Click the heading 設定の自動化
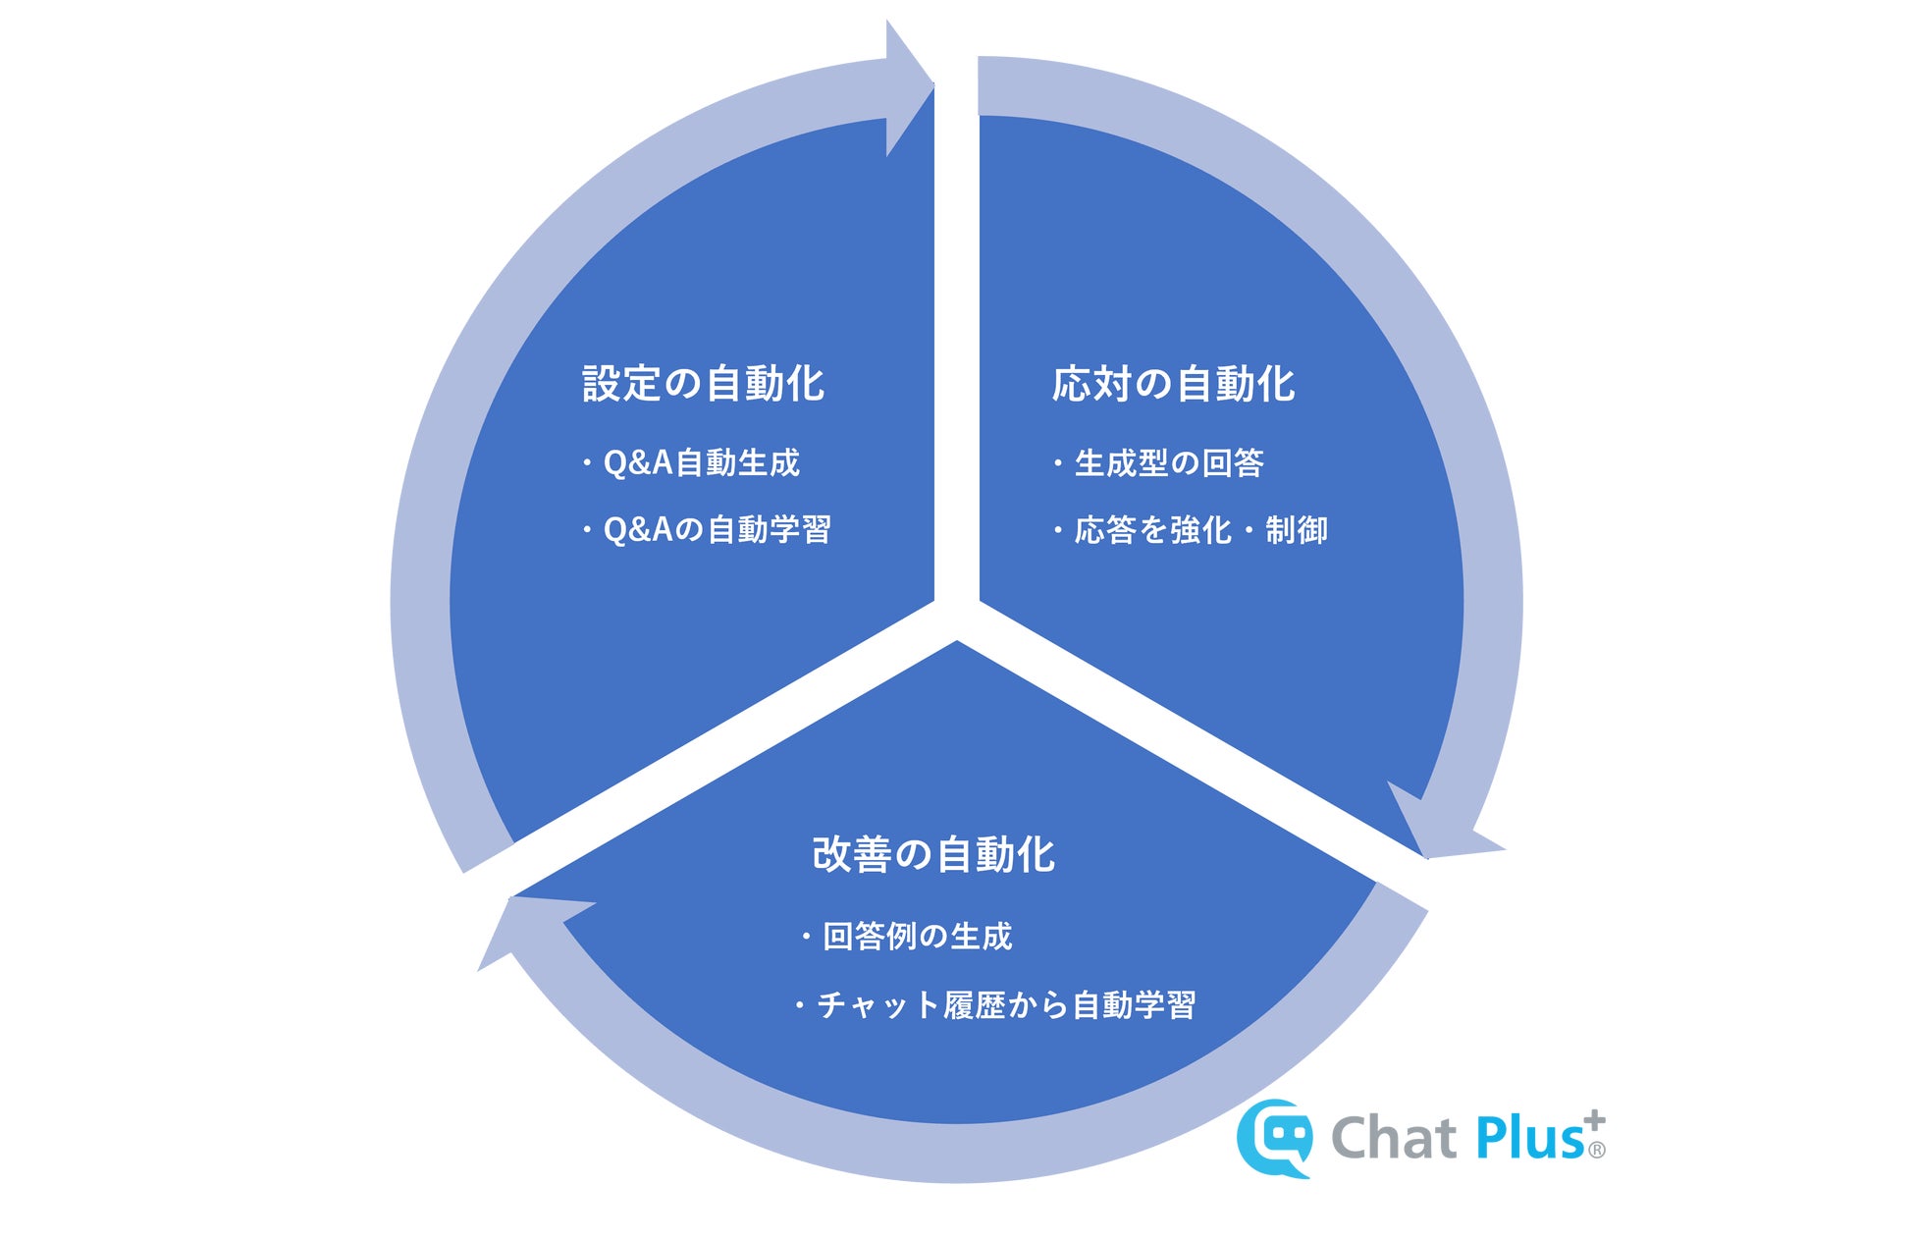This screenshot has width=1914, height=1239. click(x=703, y=383)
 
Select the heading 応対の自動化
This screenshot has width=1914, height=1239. click(x=1173, y=383)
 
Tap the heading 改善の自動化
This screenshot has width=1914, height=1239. click(x=933, y=854)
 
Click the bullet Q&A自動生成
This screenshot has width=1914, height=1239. click(x=701, y=462)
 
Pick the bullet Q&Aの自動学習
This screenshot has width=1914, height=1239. click(x=717, y=530)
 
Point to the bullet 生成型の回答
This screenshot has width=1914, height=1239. click(x=1168, y=462)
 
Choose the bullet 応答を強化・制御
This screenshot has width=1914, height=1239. click(x=1199, y=530)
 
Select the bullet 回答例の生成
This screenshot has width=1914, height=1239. click(x=917, y=937)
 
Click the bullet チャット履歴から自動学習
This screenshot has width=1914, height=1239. click(x=1005, y=1005)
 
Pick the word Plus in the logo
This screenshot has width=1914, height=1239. click(x=1527, y=1139)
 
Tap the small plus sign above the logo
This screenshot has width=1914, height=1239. click(x=1595, y=1120)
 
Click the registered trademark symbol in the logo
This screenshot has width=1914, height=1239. click(x=1597, y=1150)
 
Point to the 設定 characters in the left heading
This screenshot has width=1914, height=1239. click(x=620, y=383)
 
